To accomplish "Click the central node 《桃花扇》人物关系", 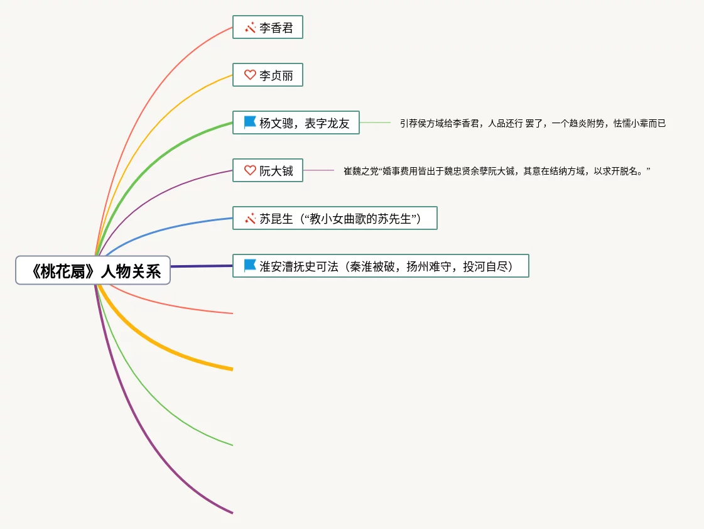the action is (x=93, y=270).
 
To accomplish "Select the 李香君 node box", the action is (x=268, y=28).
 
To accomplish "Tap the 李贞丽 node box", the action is (x=268, y=75).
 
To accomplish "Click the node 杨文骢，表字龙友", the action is (x=296, y=123).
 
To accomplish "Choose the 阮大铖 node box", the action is (x=268, y=170).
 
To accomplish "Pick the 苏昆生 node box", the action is (x=335, y=218).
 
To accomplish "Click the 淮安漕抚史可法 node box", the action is (x=381, y=266).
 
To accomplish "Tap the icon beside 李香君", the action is (x=250, y=28).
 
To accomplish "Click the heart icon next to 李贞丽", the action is (x=250, y=75).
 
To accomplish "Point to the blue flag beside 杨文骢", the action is (x=250, y=123).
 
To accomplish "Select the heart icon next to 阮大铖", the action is (x=250, y=170).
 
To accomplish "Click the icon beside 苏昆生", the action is (x=250, y=218).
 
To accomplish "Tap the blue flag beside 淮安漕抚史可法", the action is (x=250, y=265).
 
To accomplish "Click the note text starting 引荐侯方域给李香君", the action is (x=533, y=124).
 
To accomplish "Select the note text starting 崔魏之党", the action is (x=496, y=171).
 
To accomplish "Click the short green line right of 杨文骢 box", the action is (x=375, y=123).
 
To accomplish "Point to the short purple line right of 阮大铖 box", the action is (x=318, y=170).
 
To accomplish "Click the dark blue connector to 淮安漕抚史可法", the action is (x=201, y=266).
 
